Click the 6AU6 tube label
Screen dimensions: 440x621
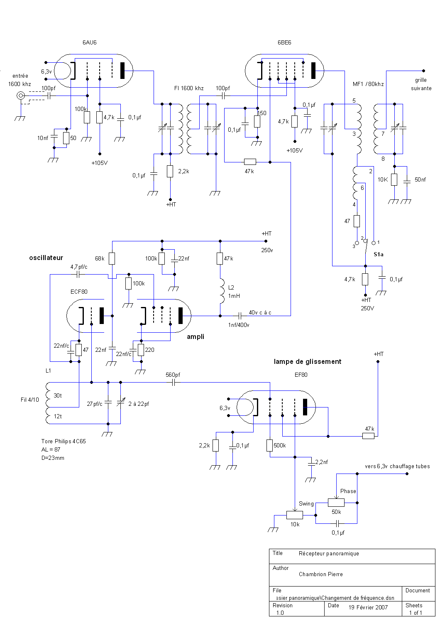(x=90, y=42)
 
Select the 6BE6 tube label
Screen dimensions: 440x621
(x=284, y=42)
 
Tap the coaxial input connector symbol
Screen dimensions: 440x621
(x=20, y=96)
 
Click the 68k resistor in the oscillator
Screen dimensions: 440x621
(x=112, y=258)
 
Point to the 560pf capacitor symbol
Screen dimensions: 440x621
(x=174, y=383)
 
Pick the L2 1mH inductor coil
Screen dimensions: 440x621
(x=222, y=291)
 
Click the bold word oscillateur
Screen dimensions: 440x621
(x=46, y=258)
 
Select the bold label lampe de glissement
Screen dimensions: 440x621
(x=308, y=361)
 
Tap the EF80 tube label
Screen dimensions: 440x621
(x=301, y=375)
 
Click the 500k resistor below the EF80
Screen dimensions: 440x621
(x=269, y=446)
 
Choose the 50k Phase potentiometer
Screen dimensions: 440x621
(x=336, y=503)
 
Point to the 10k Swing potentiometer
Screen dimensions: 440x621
(x=295, y=515)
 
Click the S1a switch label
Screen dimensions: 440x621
(x=379, y=255)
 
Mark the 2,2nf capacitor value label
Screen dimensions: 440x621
(x=321, y=462)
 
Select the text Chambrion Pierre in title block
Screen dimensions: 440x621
(x=320, y=574)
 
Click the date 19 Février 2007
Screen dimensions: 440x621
(x=368, y=607)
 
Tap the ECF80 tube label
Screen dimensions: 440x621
(x=79, y=292)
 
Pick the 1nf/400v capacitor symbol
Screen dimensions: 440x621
(x=240, y=316)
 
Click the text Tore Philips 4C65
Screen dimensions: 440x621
(x=64, y=442)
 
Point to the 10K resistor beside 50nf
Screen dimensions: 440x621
(x=394, y=179)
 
